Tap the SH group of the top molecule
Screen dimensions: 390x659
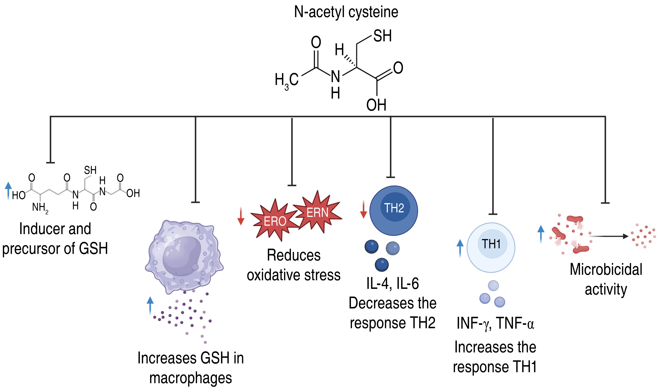tap(382, 36)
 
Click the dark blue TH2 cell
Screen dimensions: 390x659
tap(394, 210)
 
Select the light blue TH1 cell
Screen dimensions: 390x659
tap(491, 247)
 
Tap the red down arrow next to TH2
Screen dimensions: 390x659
tap(363, 209)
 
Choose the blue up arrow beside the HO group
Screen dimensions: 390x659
tap(8, 190)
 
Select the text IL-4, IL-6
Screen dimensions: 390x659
tap(393, 284)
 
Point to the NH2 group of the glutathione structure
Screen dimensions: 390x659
tap(40, 208)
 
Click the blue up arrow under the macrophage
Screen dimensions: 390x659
tap(150, 305)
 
